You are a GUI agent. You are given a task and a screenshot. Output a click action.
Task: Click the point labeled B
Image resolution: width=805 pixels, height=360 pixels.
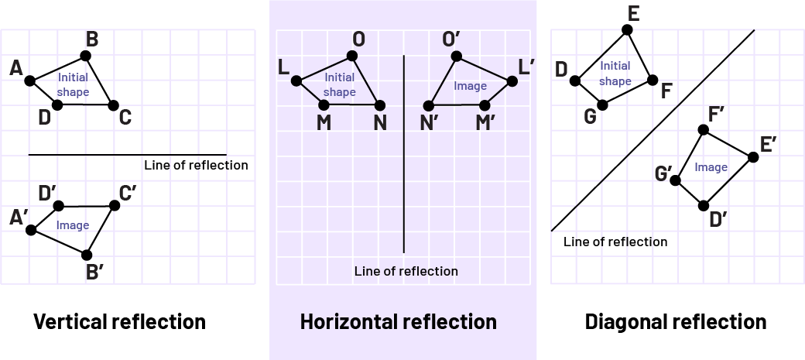pos(85,55)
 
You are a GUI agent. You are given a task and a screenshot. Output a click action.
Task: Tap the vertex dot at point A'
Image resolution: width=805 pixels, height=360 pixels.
pos(31,230)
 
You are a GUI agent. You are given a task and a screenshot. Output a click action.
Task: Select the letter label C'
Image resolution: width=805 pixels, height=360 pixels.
pos(128,192)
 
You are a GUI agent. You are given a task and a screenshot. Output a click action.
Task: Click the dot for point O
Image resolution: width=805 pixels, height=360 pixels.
pos(352,56)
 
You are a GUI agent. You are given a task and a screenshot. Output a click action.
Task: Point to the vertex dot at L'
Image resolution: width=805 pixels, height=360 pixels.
pos(512,81)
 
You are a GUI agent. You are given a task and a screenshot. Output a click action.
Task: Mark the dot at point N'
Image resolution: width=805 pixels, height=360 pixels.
pos(428,105)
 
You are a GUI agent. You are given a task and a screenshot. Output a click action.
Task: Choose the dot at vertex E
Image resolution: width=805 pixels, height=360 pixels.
pos(627,29)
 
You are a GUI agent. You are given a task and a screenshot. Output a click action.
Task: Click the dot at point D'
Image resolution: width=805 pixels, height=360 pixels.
pos(704,205)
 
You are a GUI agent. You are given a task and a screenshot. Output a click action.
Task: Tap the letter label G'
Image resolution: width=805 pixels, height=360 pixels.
pos(663,173)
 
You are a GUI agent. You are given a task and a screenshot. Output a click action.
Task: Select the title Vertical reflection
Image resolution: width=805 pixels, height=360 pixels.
pos(119,321)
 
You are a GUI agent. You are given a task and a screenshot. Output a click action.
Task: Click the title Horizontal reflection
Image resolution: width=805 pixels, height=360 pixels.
pos(398,321)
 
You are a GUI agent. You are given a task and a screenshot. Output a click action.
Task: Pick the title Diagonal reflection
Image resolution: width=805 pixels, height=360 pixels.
pos(676,321)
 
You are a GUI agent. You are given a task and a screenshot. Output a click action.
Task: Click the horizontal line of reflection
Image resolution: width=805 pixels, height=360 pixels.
pos(128,155)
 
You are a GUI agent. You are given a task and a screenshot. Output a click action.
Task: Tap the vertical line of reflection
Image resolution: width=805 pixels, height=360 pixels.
pos(404,155)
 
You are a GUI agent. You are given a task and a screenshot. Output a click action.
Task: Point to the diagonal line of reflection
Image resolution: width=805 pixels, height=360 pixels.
pos(653,131)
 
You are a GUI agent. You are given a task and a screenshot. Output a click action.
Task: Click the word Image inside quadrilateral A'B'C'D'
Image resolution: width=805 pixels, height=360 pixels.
pos(72,225)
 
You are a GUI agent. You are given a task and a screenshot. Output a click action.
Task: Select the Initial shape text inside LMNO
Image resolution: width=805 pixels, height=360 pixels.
pos(339,84)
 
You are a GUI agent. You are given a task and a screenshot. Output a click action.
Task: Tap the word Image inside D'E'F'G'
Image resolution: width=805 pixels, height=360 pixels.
pos(711,166)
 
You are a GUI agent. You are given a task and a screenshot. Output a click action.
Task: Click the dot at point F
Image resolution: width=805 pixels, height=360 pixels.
pos(653,81)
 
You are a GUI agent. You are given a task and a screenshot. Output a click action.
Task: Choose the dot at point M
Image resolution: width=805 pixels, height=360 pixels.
pos(324,105)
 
